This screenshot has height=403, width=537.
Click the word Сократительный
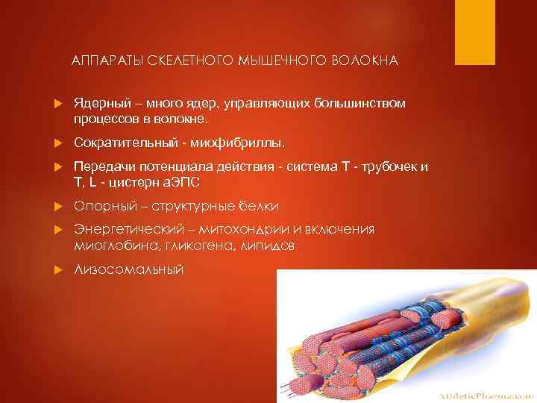(x=123, y=141)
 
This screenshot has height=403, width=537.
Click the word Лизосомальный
(x=128, y=269)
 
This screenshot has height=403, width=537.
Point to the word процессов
(x=104, y=118)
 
